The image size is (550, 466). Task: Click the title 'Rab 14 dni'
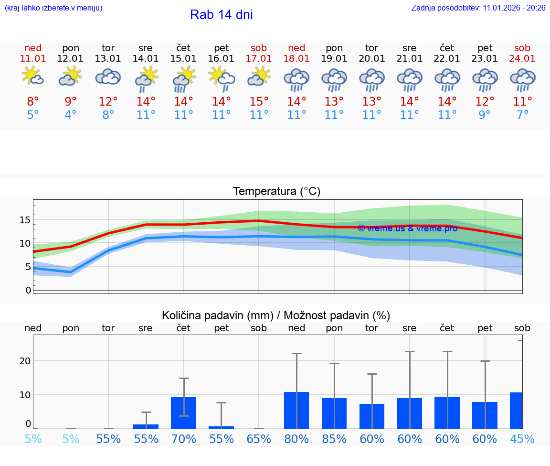[x=221, y=15]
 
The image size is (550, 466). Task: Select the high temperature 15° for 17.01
[x=259, y=102]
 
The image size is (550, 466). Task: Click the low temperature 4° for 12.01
[x=71, y=115]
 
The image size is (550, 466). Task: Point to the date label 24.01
[x=522, y=58]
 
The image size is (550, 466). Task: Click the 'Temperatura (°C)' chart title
[x=276, y=192]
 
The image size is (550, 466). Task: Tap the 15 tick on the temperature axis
[x=25, y=220]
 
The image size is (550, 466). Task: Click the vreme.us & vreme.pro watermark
[x=407, y=228]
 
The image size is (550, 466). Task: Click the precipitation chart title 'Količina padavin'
[x=276, y=315]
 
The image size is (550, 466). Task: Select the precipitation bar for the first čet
[x=184, y=413]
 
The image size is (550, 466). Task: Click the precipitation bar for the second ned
[x=296, y=410]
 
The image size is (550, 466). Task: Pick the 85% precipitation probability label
[x=334, y=439]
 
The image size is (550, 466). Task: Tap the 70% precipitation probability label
[x=184, y=439]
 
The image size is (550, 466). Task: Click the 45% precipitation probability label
[x=522, y=439]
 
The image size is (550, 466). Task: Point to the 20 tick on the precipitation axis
[x=25, y=361]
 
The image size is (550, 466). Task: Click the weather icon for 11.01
[x=33, y=76]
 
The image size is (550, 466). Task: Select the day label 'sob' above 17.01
[x=259, y=48]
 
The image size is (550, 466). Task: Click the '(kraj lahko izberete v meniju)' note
[x=53, y=8]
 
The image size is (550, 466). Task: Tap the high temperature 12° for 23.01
[x=485, y=102]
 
